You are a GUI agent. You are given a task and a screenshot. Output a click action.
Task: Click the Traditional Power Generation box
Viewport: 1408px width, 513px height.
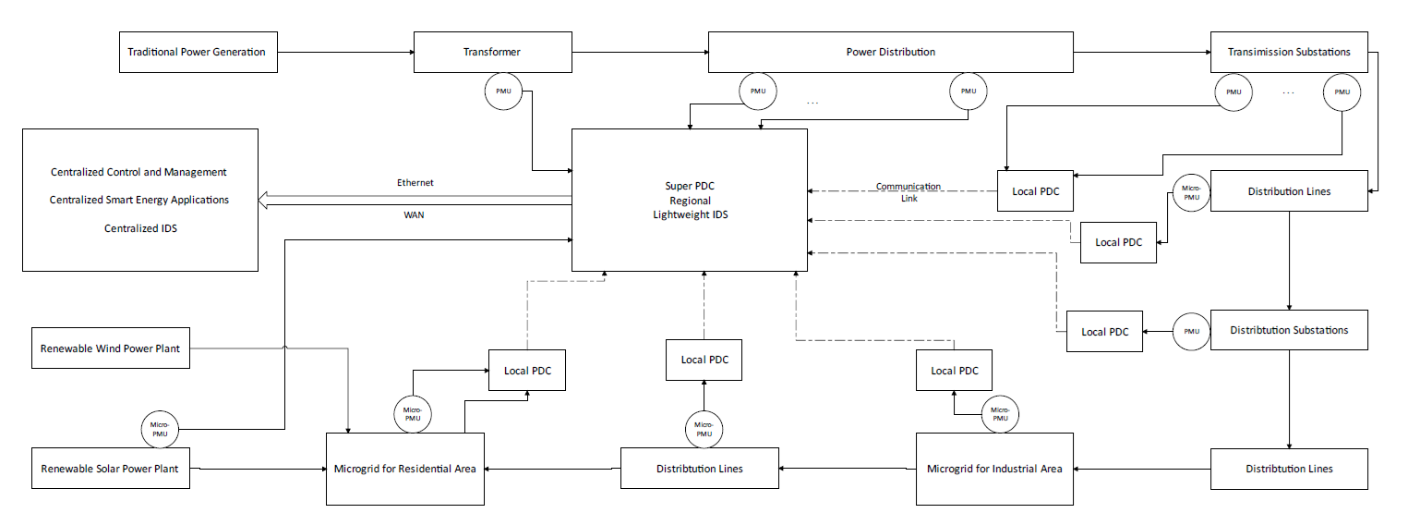click(197, 52)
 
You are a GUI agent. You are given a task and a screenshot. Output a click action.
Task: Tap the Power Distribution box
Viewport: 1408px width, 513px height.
click(890, 52)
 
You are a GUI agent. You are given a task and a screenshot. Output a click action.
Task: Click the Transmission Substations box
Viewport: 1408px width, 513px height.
click(1289, 52)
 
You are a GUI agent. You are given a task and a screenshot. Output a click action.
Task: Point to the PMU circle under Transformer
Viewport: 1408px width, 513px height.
click(503, 91)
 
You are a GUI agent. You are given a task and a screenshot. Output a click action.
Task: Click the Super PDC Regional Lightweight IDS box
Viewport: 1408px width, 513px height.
click(689, 200)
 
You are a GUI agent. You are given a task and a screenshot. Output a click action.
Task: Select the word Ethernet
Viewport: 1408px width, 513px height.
click(415, 183)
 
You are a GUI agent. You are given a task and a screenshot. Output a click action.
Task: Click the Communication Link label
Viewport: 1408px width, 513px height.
click(908, 192)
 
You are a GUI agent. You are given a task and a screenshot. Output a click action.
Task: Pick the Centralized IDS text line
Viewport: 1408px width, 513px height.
click(140, 228)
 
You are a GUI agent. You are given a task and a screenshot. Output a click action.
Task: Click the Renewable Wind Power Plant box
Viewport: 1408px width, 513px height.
click(110, 349)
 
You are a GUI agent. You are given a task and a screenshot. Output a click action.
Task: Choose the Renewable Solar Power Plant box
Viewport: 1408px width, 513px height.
click(110, 469)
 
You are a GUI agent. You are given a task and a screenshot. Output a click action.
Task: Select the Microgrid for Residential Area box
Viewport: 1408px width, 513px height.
click(405, 469)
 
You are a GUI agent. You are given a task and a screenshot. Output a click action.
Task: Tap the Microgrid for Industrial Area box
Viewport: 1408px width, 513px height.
click(994, 469)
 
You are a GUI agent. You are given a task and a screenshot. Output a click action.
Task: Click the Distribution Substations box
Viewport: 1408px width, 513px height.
click(1289, 330)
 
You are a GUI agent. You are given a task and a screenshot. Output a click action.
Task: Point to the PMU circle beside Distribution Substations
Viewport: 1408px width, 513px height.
click(1191, 331)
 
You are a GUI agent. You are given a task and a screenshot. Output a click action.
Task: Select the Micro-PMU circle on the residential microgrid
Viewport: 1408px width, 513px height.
click(412, 412)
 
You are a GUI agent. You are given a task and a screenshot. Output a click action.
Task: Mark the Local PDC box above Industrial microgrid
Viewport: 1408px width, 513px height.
click(955, 371)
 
